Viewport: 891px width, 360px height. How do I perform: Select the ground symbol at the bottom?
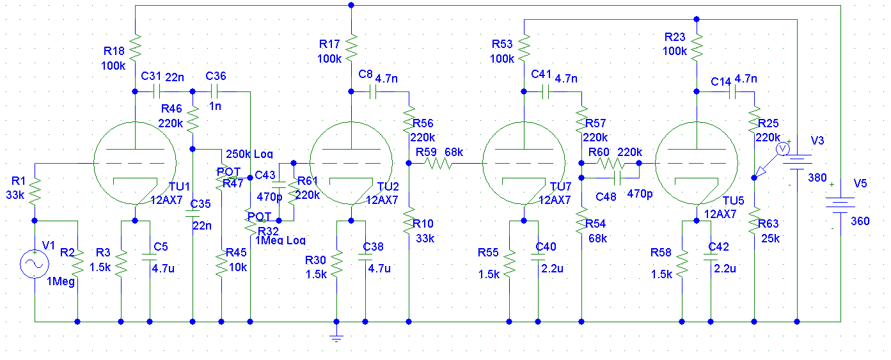(336, 338)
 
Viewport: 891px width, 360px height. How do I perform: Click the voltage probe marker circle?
(781, 148)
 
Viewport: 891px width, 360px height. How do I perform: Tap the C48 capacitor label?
(606, 197)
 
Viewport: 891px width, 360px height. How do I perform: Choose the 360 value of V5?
(861, 221)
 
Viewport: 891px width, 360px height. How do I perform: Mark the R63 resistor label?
(769, 223)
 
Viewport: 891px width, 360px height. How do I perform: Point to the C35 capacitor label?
(201, 204)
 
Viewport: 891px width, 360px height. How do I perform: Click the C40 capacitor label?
(546, 247)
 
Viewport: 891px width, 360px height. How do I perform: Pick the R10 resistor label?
(423, 224)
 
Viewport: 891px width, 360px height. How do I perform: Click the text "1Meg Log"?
(280, 240)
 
